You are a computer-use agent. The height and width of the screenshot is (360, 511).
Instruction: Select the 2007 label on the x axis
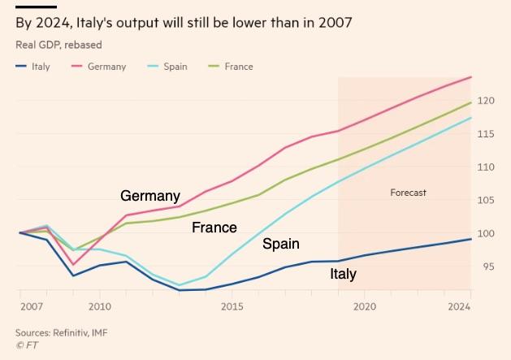pyautogui.click(x=31, y=306)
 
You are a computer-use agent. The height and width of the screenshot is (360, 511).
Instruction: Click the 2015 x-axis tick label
pyautogui.click(x=232, y=306)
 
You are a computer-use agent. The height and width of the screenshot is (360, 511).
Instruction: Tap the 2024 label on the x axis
pyautogui.click(x=460, y=306)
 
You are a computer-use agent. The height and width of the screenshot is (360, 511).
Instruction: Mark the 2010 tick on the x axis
pyautogui.click(x=100, y=306)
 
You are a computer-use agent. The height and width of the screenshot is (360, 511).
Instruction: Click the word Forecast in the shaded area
pyautogui.click(x=408, y=193)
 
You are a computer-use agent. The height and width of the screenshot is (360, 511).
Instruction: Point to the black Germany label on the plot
pyautogui.click(x=149, y=196)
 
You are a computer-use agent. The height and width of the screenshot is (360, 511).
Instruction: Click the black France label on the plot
pyautogui.click(x=214, y=228)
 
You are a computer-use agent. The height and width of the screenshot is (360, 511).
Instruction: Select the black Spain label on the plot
pyautogui.click(x=280, y=243)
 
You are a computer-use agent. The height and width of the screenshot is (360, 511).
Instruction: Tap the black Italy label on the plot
pyautogui.click(x=343, y=274)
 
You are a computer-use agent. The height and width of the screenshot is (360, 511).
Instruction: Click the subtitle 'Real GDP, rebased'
pyautogui.click(x=58, y=45)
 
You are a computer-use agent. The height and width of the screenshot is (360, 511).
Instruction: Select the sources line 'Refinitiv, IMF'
pyautogui.click(x=61, y=332)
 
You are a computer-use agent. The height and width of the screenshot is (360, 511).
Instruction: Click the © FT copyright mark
pyautogui.click(x=26, y=345)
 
